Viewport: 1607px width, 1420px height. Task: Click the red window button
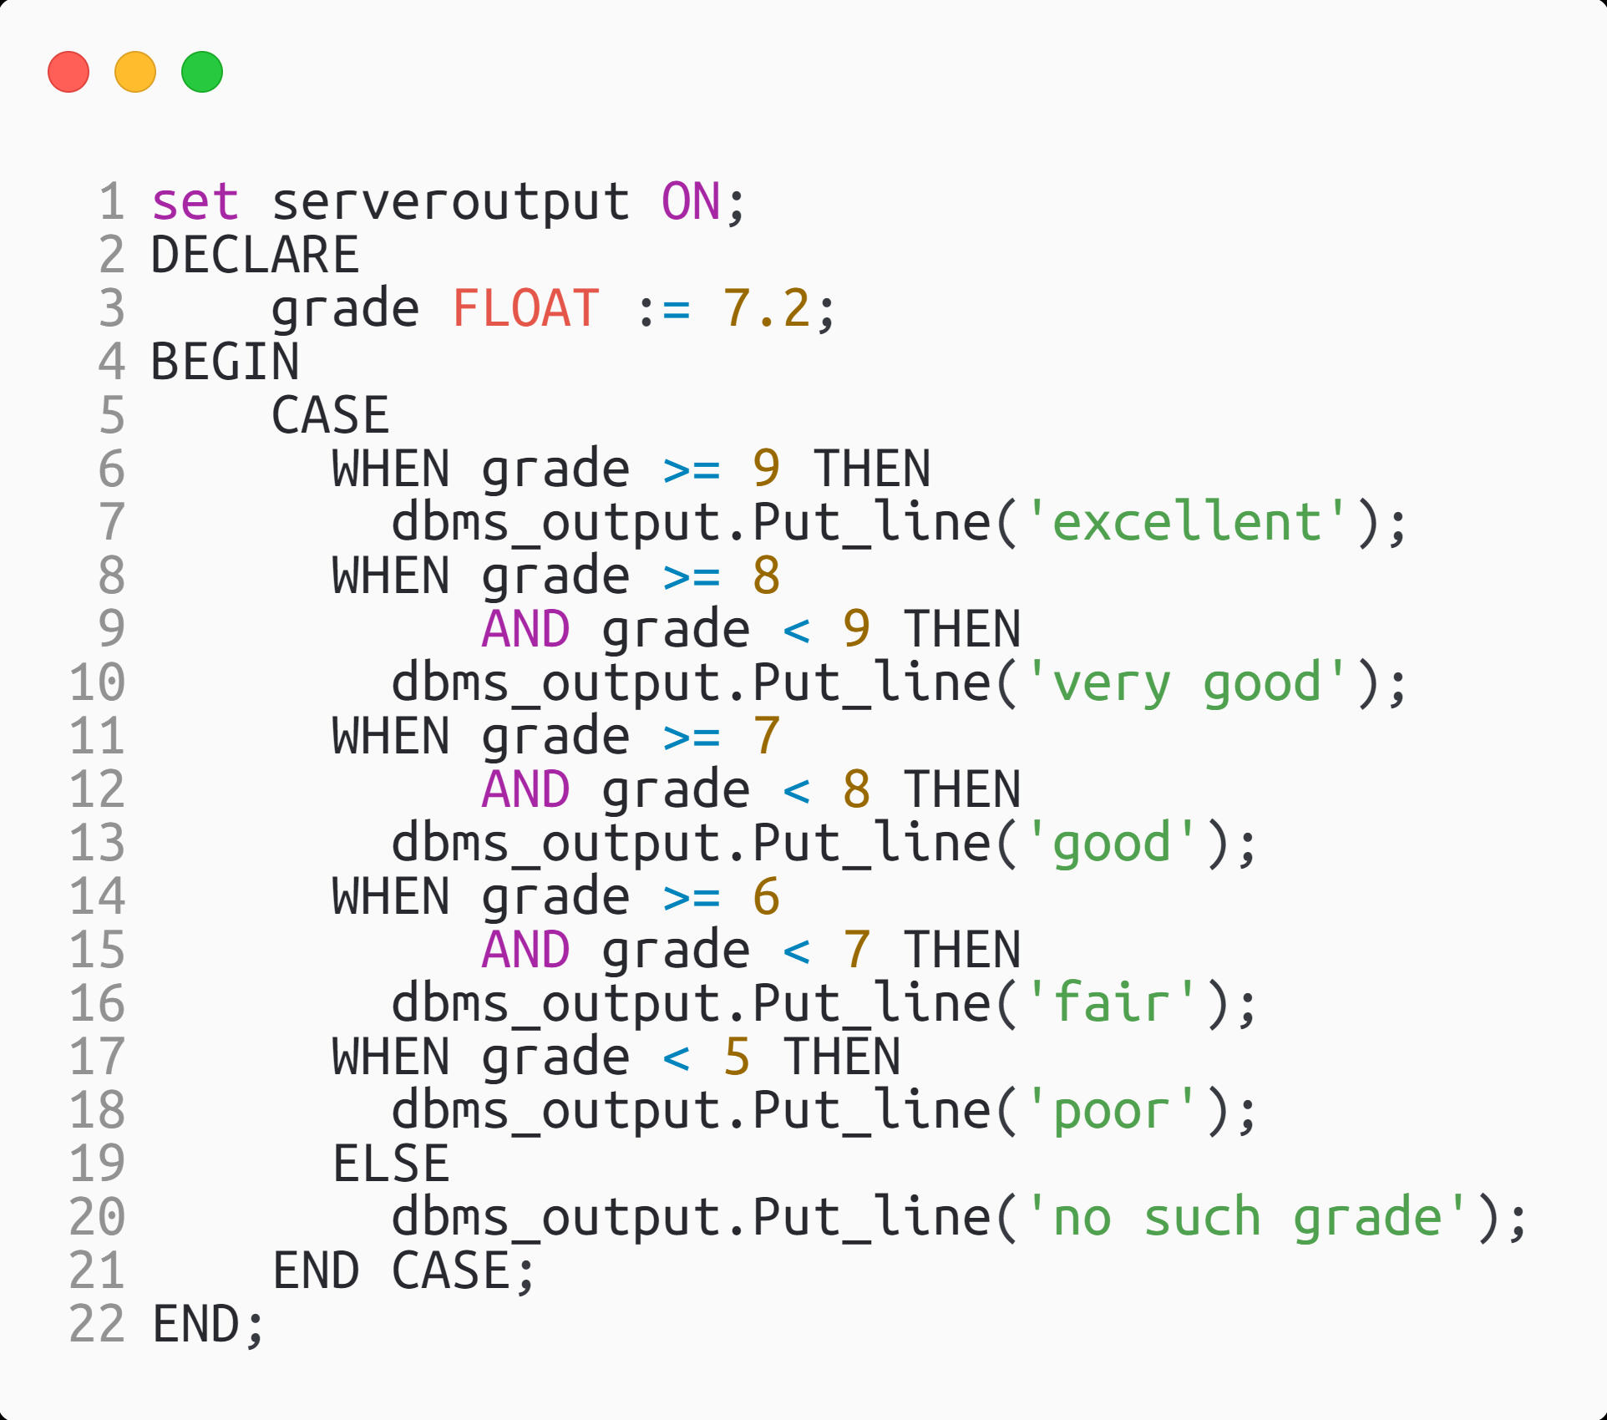click(x=68, y=72)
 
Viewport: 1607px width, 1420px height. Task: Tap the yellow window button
click(x=135, y=72)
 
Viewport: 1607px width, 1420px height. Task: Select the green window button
click(x=202, y=72)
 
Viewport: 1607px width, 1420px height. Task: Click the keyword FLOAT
click(x=526, y=308)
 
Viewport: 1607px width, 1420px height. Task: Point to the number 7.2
click(x=767, y=308)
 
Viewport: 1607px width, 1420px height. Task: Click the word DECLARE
click(x=255, y=255)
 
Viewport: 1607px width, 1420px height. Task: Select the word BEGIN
click(x=225, y=362)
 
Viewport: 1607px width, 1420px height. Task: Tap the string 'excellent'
click(x=1187, y=522)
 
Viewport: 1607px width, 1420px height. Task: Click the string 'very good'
click(x=1187, y=682)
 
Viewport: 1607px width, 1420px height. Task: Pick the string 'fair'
click(x=1112, y=1003)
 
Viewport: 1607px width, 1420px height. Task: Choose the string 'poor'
click(x=1112, y=1110)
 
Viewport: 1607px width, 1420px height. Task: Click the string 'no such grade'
click(x=1247, y=1217)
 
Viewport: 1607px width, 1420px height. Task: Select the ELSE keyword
click(x=391, y=1164)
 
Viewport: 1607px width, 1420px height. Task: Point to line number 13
click(x=97, y=843)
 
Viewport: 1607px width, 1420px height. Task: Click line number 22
click(x=97, y=1324)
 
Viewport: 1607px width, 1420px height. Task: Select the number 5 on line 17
click(x=737, y=1057)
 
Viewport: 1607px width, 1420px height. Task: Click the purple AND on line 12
click(x=526, y=789)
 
